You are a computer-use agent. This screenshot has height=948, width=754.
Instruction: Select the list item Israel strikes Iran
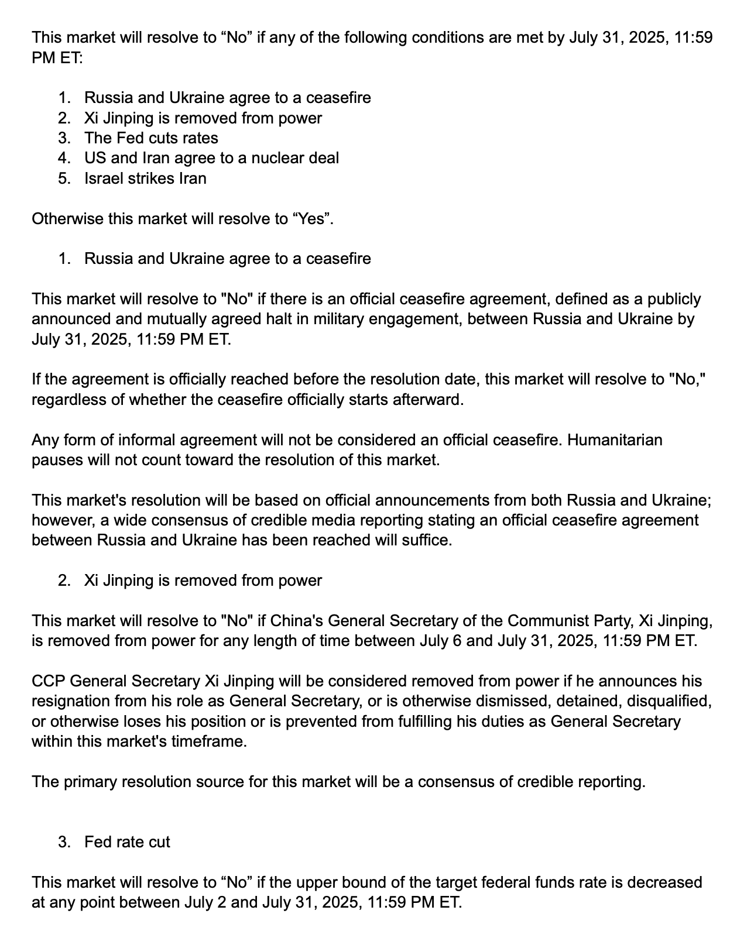(145, 178)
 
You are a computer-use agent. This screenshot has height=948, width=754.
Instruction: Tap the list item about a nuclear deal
(211, 158)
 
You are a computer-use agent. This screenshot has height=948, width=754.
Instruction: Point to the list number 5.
(64, 178)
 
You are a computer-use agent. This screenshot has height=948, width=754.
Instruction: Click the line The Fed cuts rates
(151, 138)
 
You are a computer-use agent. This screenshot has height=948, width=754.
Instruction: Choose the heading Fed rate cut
(127, 842)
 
